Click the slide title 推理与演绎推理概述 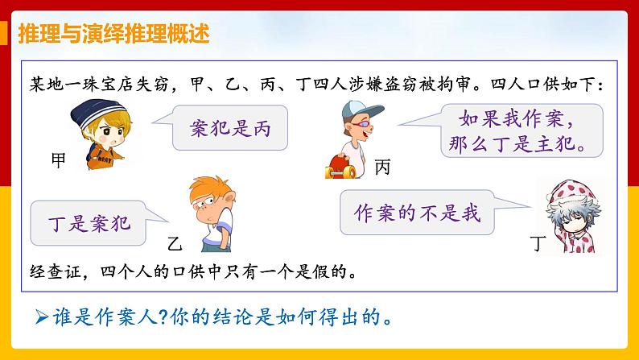(x=112, y=34)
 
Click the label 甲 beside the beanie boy (x=58, y=160)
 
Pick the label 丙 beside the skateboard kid (x=382, y=167)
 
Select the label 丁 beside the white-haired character (x=540, y=241)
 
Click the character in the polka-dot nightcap (x=573, y=213)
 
